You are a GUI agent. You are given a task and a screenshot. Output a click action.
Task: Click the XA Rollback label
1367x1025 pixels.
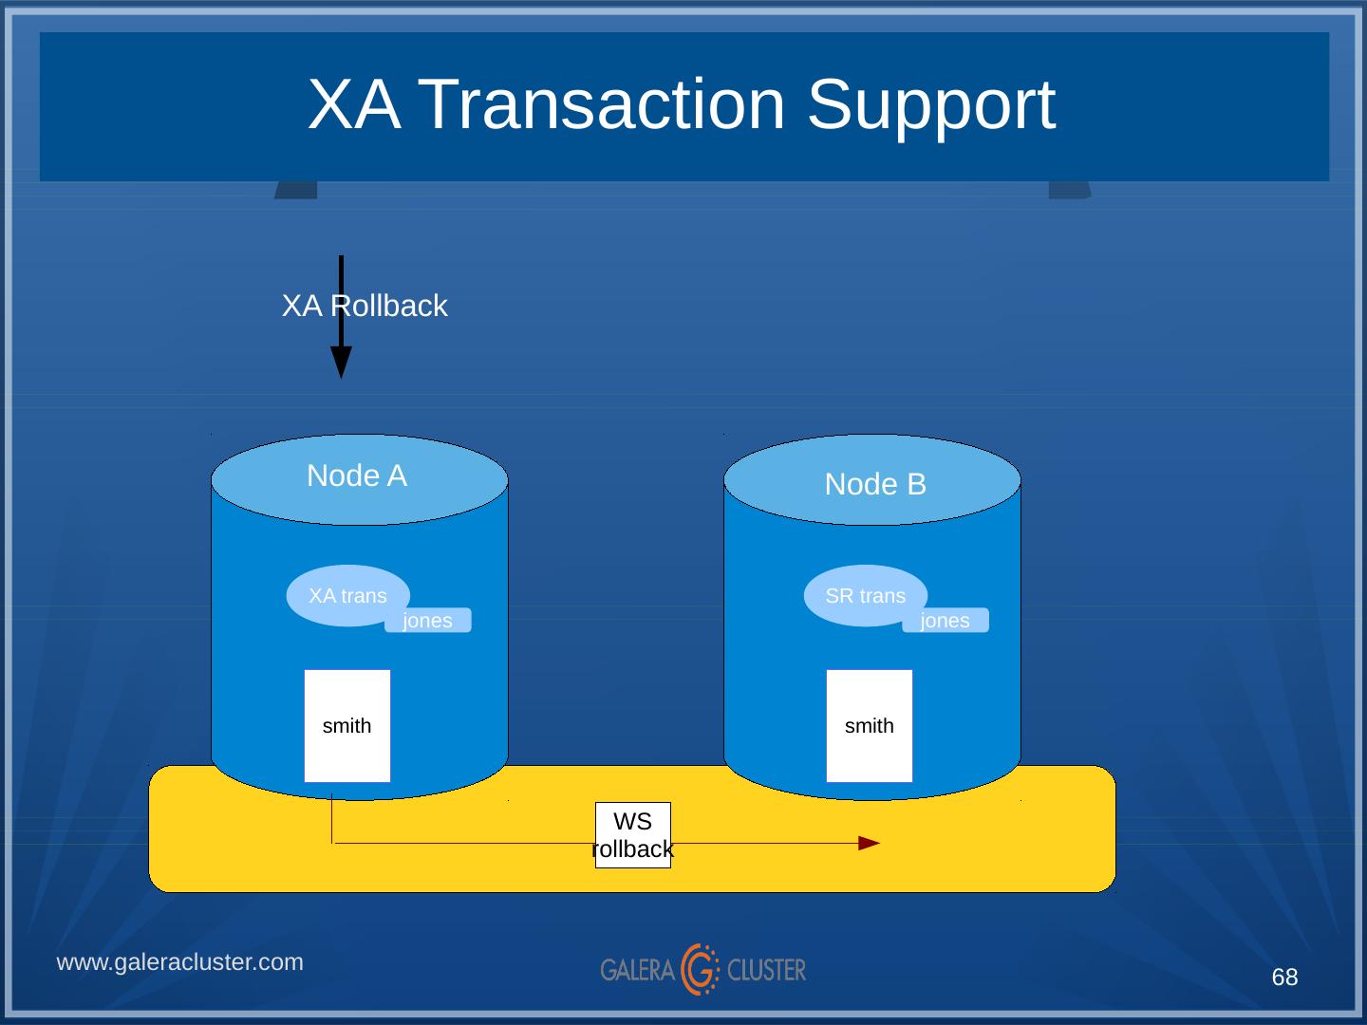[x=365, y=306]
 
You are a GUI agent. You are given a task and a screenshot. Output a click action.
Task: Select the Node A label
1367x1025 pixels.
[x=357, y=475]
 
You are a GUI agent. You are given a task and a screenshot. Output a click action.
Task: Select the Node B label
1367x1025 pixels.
[x=875, y=484]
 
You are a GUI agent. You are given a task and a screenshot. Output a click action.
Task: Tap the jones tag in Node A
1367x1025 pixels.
[x=428, y=621]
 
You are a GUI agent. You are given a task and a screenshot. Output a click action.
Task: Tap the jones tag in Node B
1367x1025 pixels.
[x=946, y=621]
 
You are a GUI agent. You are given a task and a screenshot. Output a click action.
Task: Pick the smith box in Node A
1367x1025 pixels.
[x=347, y=726]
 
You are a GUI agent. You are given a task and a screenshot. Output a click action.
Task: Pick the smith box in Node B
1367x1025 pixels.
[x=870, y=726]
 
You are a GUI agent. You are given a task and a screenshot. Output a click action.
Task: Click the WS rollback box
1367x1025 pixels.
[x=633, y=835]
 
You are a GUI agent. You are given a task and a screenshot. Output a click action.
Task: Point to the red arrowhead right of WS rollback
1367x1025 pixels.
[x=869, y=843]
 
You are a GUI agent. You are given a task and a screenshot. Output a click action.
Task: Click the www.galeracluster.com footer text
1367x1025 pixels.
[x=180, y=962]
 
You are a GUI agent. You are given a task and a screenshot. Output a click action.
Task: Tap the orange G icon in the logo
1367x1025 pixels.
[x=701, y=969]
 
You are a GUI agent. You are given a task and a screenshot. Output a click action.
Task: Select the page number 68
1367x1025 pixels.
[x=1284, y=978]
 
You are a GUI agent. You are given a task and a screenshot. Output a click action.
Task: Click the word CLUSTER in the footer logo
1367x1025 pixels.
[x=766, y=970]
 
